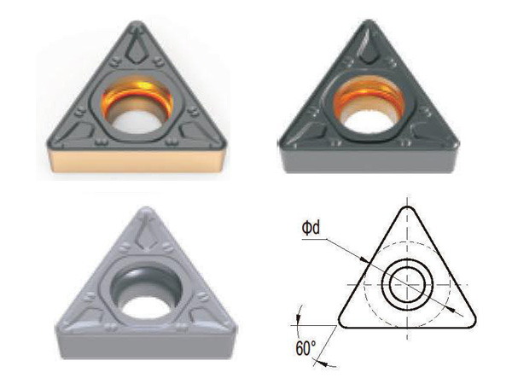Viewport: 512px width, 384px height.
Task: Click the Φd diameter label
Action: coord(311,228)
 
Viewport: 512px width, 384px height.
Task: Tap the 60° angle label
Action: coord(305,348)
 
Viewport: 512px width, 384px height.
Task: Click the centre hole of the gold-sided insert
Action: coord(137,106)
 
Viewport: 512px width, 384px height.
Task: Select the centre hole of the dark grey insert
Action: coord(368,106)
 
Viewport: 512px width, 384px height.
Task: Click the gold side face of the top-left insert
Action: coord(137,160)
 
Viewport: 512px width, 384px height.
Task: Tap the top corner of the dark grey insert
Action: coord(369,22)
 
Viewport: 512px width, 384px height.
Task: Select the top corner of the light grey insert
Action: coord(146,209)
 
